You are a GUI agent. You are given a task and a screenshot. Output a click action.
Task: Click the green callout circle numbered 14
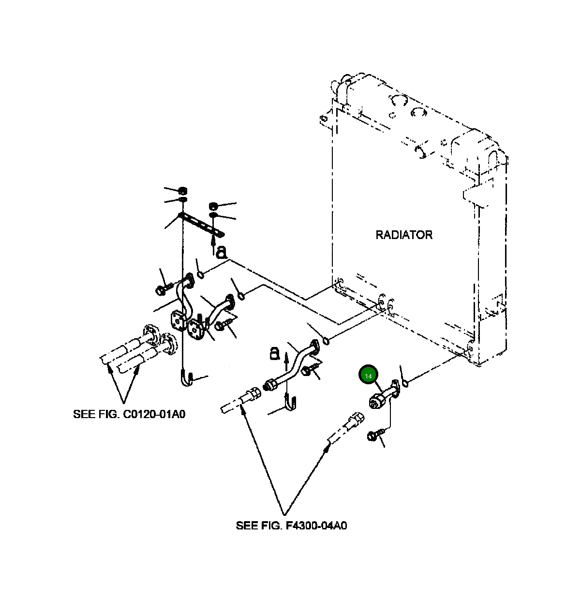pyautogui.click(x=368, y=376)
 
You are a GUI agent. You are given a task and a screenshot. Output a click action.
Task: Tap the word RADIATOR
pyautogui.click(x=404, y=235)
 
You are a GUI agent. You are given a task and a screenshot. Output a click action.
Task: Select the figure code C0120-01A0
pyautogui.click(x=154, y=414)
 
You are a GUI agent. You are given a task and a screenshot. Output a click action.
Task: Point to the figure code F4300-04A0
pyautogui.click(x=316, y=526)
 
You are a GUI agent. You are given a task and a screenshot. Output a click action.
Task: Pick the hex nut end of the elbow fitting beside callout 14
pyautogui.click(x=376, y=402)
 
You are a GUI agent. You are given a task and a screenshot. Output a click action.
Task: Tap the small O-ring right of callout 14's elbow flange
pyautogui.click(x=405, y=383)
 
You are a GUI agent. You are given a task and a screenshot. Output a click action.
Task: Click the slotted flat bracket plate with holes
pyautogui.click(x=201, y=225)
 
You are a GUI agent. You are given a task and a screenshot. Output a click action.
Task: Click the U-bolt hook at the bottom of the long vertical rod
pyautogui.click(x=186, y=378)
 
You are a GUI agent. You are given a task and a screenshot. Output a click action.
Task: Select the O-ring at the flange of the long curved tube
pyautogui.click(x=326, y=341)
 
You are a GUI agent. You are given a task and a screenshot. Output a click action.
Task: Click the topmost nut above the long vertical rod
pyautogui.click(x=183, y=190)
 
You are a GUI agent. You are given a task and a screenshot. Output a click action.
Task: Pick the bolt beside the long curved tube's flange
pyautogui.click(x=310, y=370)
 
